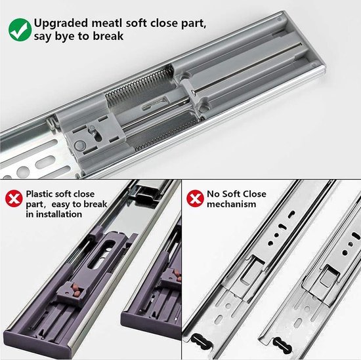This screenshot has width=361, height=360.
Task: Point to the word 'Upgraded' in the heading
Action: coord(61,22)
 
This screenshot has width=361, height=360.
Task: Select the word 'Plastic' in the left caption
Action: coord(41,194)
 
